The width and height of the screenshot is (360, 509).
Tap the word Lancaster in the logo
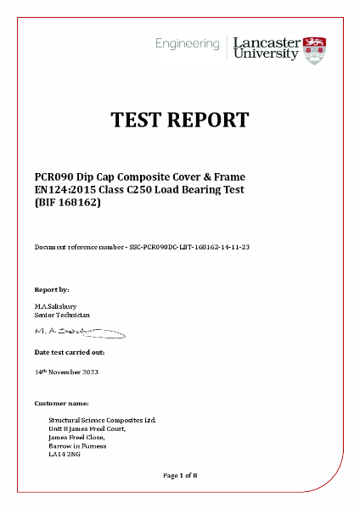pos(265,42)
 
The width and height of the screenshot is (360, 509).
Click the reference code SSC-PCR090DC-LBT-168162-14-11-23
pos(187,246)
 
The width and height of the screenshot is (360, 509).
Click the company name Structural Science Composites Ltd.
pos(102,420)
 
